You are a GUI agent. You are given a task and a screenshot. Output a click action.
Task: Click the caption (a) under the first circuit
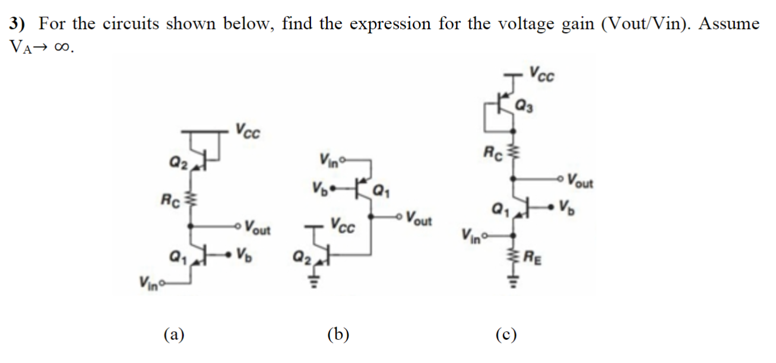[x=174, y=335]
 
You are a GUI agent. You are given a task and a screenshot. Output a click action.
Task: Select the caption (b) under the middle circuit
[x=338, y=335]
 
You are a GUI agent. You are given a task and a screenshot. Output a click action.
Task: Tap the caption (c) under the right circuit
[x=506, y=335]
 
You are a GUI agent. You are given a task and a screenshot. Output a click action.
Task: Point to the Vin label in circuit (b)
[x=329, y=159]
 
